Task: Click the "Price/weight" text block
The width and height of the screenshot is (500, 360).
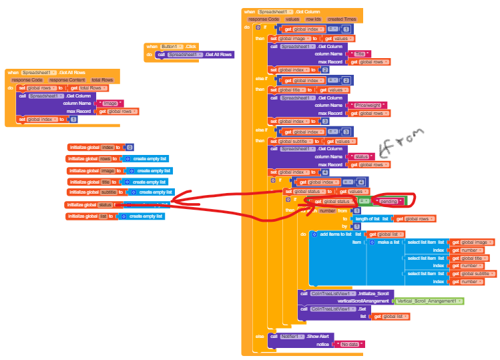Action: pos(367,105)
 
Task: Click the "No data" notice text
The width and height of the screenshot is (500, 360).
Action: pos(350,344)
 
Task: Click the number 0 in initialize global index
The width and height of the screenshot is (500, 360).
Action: pos(130,147)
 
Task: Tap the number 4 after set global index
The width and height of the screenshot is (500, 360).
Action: pos(325,172)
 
